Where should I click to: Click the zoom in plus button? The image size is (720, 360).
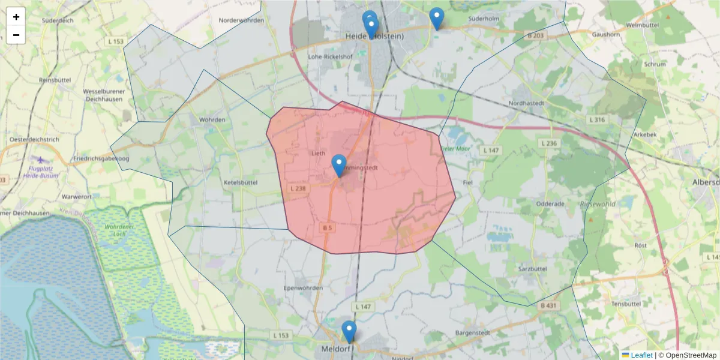16,17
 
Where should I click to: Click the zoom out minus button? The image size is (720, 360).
16,35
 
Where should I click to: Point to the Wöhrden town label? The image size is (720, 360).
213,119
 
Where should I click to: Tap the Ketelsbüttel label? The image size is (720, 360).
240,182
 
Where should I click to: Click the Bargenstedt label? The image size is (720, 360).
473,332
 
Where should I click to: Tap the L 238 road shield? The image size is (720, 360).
298,188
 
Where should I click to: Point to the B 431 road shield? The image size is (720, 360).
547,306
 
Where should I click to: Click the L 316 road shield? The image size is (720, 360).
597,120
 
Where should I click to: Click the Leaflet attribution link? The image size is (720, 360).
641,355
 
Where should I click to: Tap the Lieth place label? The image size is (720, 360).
318,153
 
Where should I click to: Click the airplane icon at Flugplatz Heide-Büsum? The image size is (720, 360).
40,160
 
